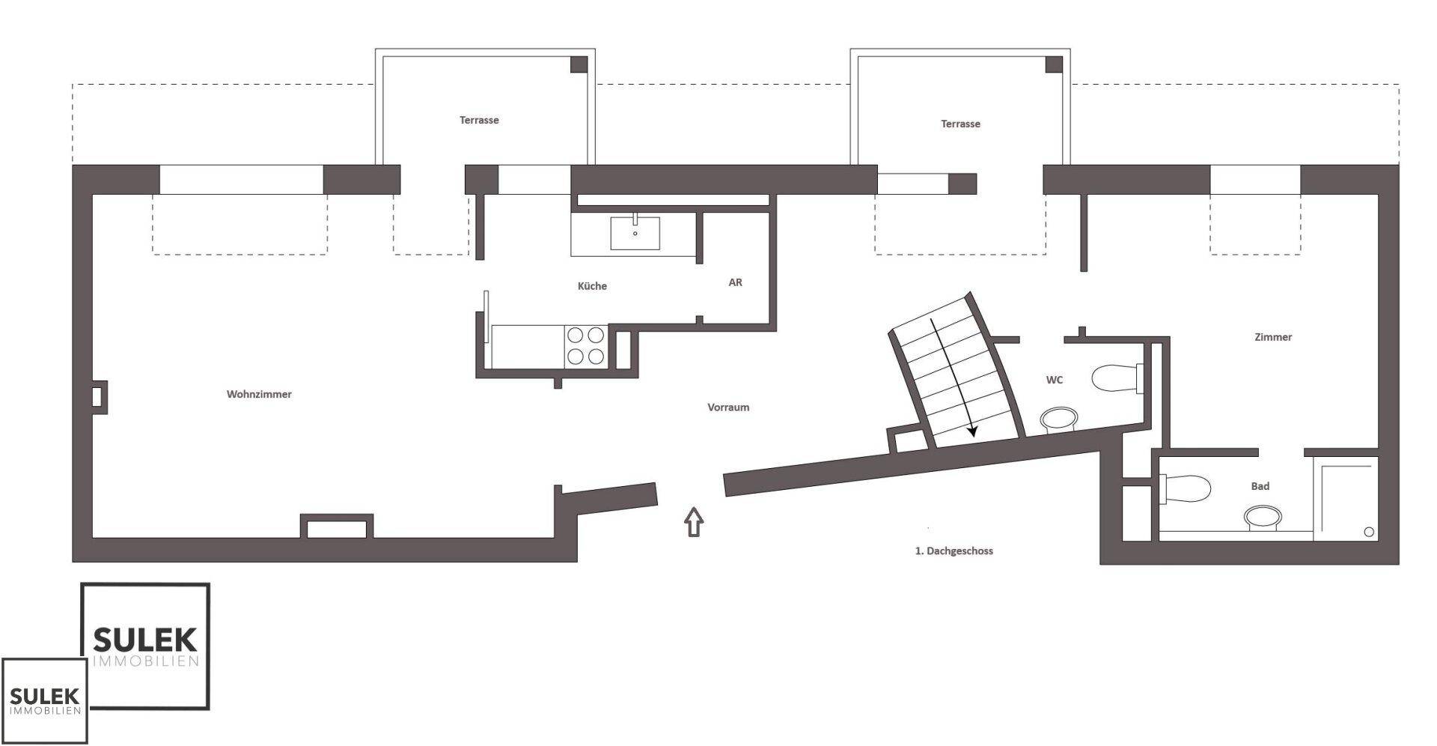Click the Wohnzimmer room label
click(x=259, y=394)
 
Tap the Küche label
click(x=592, y=285)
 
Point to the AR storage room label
click(x=735, y=282)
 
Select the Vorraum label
click(x=728, y=407)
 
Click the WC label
click(x=1054, y=380)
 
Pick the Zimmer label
click(x=1273, y=337)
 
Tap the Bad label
click(x=1260, y=486)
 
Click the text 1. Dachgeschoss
click(x=954, y=551)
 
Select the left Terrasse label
click(x=479, y=120)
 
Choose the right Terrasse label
click(x=960, y=124)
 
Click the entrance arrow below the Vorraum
click(x=695, y=521)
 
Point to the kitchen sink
click(x=635, y=233)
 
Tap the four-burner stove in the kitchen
click(x=586, y=346)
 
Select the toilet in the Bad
click(x=1185, y=489)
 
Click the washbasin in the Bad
click(x=1263, y=518)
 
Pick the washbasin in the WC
click(x=1058, y=419)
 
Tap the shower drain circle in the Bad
click(x=1369, y=532)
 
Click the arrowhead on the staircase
click(x=973, y=430)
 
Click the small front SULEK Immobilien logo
click(x=44, y=701)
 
